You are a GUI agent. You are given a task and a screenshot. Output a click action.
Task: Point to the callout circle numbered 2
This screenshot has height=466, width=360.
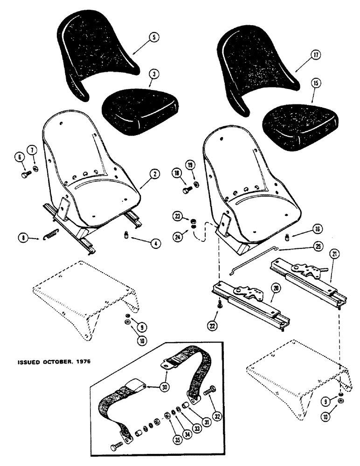point(155,175)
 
